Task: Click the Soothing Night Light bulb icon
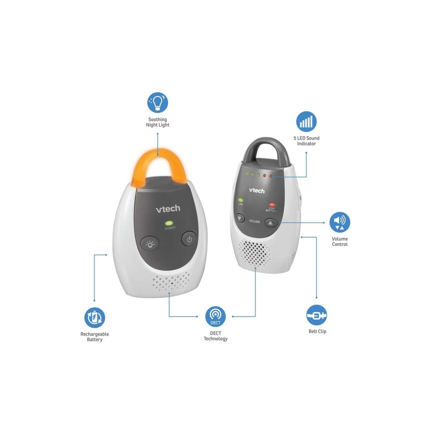pyautogui.click(x=158, y=102)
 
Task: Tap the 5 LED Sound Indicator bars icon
pyautogui.click(x=306, y=122)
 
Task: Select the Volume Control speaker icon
pyautogui.click(x=340, y=222)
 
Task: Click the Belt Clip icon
pyautogui.click(x=317, y=315)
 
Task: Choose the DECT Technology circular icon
pyautogui.click(x=215, y=316)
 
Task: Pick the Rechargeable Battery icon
pyautogui.click(x=95, y=318)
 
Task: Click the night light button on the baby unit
pyautogui.click(x=150, y=244)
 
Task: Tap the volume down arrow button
pyautogui.click(x=240, y=218)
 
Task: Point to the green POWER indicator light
pyautogui.click(x=168, y=223)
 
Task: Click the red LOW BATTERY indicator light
pyautogui.click(x=272, y=204)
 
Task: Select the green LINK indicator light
pyautogui.click(x=240, y=200)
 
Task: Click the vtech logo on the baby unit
pyautogui.click(x=168, y=209)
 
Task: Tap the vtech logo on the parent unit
pyautogui.click(x=256, y=190)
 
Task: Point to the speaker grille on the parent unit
pyautogui.click(x=255, y=253)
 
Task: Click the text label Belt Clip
pyautogui.click(x=317, y=331)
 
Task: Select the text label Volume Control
pyautogui.click(x=340, y=241)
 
